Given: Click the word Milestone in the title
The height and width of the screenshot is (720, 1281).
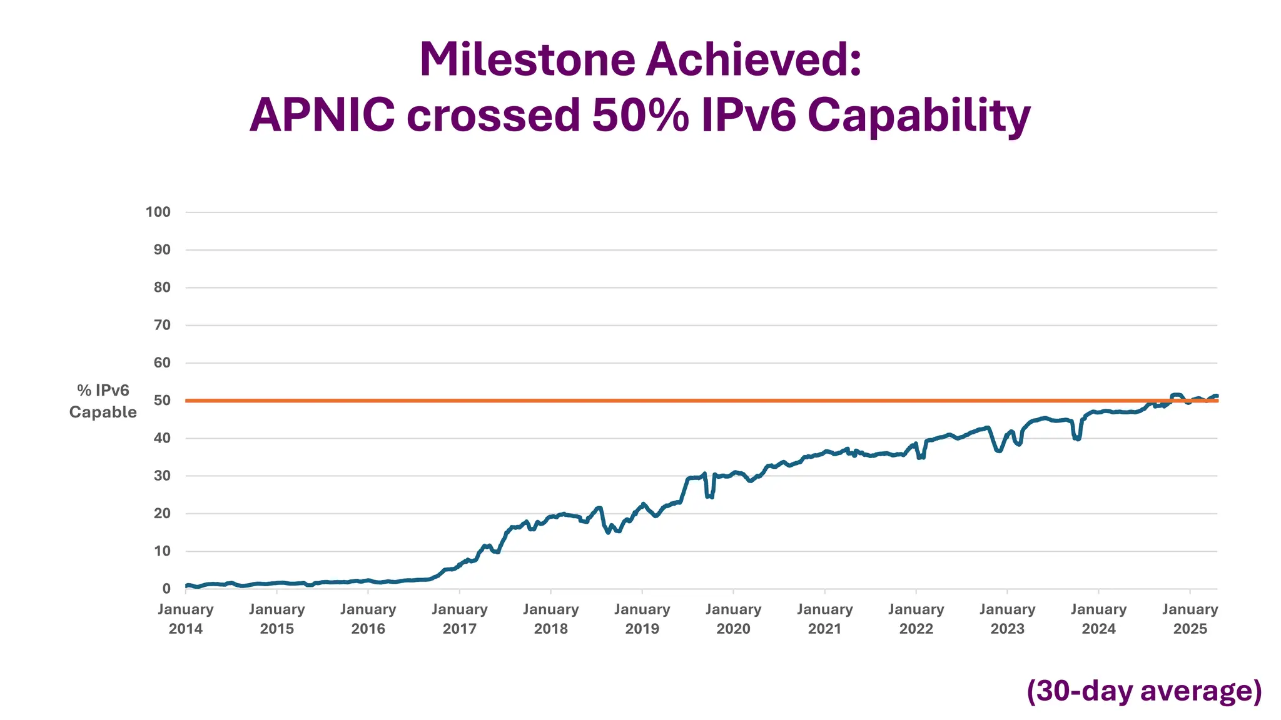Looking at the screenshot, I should tap(527, 61).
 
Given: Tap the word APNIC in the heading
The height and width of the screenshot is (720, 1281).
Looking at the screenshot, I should tap(322, 116).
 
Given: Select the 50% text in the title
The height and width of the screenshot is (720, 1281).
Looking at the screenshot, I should tap(640, 116).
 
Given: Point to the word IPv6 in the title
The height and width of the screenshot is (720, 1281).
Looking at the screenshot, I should tap(748, 116).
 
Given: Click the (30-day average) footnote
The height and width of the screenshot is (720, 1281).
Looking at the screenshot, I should tap(1144, 691).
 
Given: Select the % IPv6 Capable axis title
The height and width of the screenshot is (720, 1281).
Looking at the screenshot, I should tap(103, 401).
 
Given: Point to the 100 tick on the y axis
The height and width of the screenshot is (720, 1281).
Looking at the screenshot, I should tap(158, 212).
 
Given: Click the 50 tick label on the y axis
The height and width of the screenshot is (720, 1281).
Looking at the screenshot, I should tap(162, 400).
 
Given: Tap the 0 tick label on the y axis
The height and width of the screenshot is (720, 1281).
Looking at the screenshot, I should tap(166, 589).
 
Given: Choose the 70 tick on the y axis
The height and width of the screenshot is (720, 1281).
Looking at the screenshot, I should tap(162, 325).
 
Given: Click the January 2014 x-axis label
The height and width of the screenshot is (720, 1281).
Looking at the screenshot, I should tap(186, 619).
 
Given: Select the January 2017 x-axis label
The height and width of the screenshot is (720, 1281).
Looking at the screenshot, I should tap(460, 619).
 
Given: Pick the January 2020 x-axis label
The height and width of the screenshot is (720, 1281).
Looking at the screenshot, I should tap(733, 619).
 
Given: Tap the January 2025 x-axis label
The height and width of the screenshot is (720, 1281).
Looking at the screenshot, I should tap(1190, 619).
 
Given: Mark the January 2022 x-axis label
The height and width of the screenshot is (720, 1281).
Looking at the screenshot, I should tap(916, 619).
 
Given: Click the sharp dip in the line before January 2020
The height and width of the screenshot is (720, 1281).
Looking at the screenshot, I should tap(709, 496).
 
